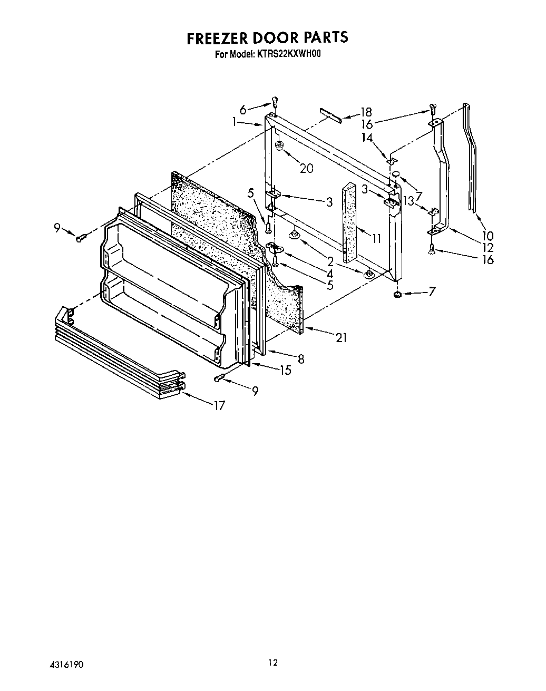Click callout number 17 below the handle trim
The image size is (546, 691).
coord(219,405)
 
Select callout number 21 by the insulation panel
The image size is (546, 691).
coord(342,338)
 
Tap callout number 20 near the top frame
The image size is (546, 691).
coord(306,168)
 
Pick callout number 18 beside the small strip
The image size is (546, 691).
coord(366,112)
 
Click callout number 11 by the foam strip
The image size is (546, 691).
coord(376,239)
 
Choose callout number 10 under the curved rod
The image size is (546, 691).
coord(487,236)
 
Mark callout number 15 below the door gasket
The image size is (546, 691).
coord(285,371)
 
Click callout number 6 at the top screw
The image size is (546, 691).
coord(243,110)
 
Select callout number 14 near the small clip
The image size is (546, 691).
coord(367,137)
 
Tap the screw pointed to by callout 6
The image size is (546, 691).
coord(275,101)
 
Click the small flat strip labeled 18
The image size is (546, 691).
coord(330,115)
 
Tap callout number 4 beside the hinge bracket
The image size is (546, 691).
coord(329,274)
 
